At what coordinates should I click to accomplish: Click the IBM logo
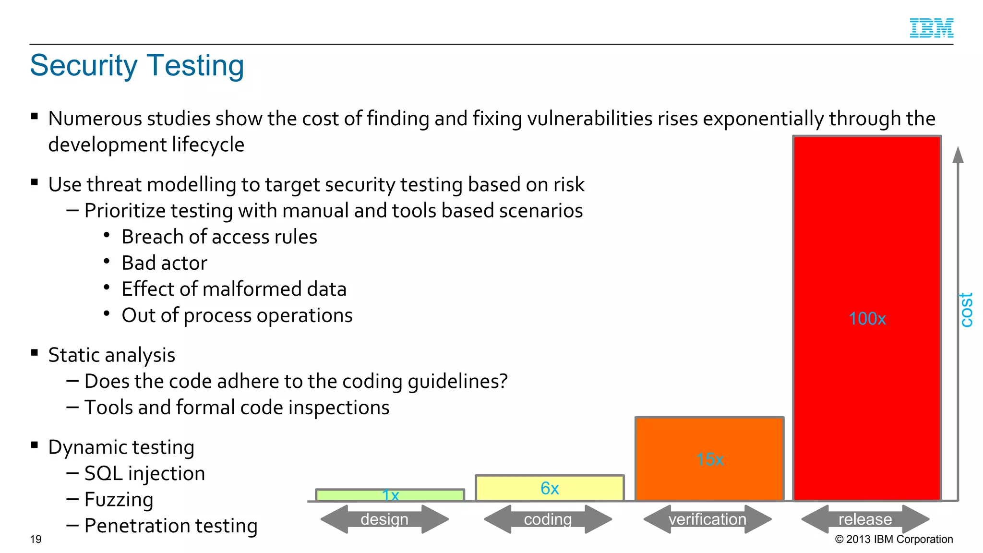(931, 28)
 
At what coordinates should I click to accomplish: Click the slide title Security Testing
(137, 65)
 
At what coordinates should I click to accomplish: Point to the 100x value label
(867, 319)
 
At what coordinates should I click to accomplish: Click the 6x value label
(550, 489)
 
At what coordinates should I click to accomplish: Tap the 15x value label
(710, 459)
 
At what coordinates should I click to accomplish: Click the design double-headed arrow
(384, 519)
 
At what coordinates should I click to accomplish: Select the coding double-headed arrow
(548, 519)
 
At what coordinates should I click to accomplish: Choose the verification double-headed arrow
(707, 519)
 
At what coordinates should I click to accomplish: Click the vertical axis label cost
(966, 310)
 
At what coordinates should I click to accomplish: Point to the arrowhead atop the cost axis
(958, 155)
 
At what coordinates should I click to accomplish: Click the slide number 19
(36, 539)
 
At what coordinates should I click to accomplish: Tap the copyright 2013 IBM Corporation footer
(894, 539)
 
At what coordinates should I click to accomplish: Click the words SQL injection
(144, 473)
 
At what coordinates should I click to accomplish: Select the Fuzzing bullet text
(119, 499)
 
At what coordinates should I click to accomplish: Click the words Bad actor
(164, 263)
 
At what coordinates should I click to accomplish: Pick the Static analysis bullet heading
(111, 355)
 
